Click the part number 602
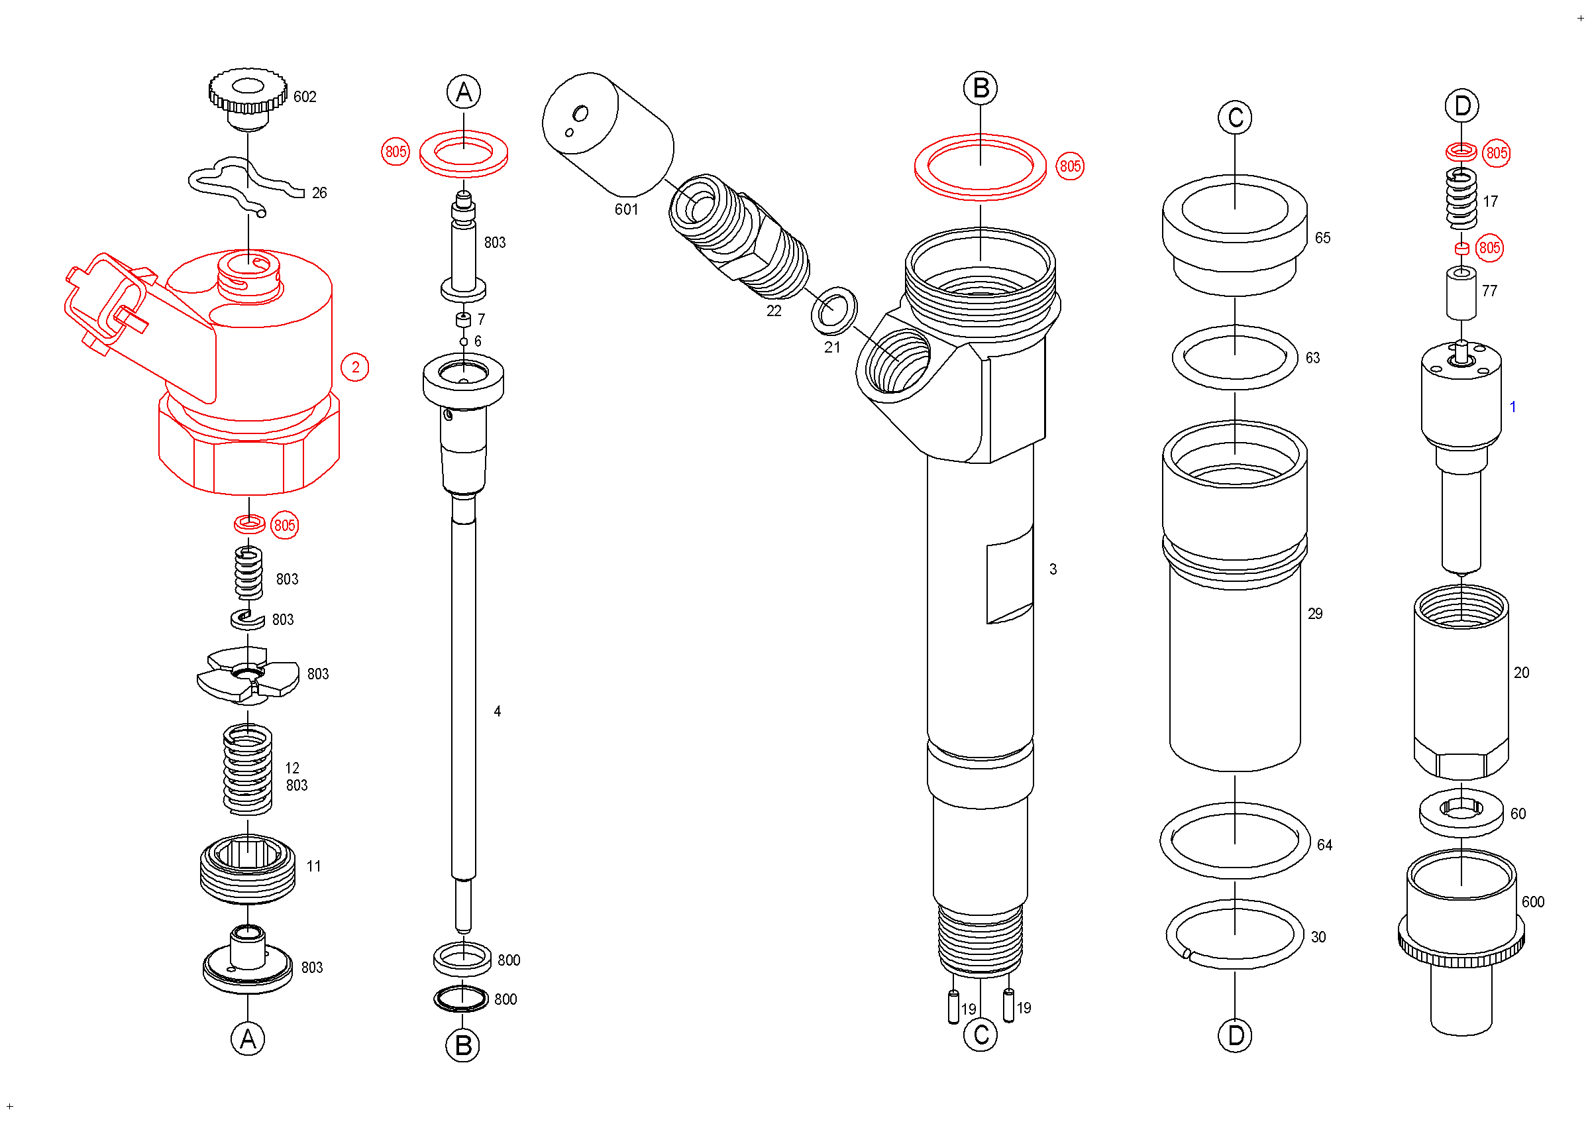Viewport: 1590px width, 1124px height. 305,97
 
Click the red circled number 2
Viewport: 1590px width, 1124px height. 355,367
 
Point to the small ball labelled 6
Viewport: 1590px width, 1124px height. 464,341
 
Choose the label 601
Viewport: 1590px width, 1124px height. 626,209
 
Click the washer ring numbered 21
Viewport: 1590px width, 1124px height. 834,310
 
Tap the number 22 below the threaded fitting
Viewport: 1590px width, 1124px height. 774,311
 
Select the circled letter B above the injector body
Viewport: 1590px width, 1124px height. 980,89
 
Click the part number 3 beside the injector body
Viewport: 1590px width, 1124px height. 1053,569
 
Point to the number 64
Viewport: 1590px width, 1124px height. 1324,845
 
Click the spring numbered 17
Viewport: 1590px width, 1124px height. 1461,199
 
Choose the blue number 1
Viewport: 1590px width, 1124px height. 1512,407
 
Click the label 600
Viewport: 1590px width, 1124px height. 1532,902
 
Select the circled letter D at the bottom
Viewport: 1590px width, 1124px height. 1235,1036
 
